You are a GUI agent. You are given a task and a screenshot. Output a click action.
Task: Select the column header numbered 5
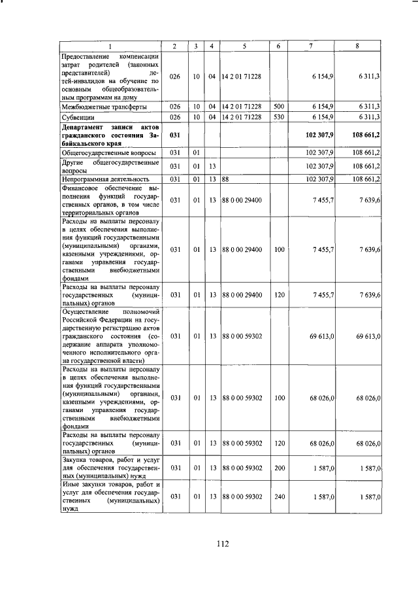click(243, 45)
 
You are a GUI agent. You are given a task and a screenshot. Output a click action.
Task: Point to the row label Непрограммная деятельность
click(104, 179)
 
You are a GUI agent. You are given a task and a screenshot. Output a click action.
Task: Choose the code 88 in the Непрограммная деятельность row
click(225, 179)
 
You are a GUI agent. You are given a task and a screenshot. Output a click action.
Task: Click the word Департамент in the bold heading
click(82, 126)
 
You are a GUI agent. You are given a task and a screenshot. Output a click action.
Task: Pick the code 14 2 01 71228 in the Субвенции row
click(242, 116)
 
